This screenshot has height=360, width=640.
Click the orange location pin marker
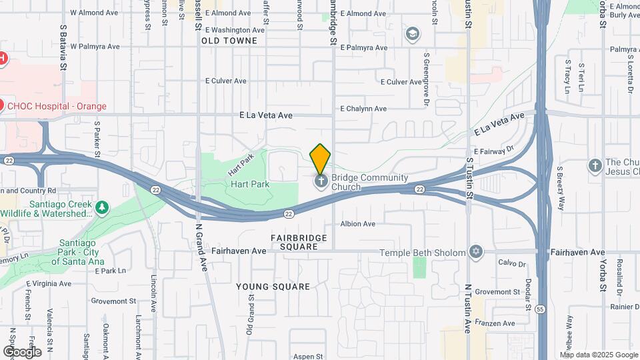(x=320, y=158)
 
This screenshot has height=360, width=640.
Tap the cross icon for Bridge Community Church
(x=321, y=181)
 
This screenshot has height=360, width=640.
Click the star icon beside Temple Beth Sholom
(x=475, y=252)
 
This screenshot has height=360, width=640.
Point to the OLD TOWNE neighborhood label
(x=229, y=41)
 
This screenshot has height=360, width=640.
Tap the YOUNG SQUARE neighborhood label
(x=273, y=287)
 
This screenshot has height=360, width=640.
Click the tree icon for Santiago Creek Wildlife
(x=101, y=208)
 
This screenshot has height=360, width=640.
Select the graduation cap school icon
(x=413, y=33)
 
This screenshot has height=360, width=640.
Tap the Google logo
(x=22, y=351)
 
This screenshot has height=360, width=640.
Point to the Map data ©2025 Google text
(x=599, y=355)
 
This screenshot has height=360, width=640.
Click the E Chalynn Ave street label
(x=363, y=109)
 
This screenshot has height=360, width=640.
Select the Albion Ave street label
(x=358, y=224)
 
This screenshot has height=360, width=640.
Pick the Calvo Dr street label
(x=513, y=263)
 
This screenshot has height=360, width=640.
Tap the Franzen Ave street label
(x=499, y=323)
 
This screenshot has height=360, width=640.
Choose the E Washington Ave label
(x=235, y=30)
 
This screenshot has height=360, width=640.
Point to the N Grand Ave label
(x=199, y=245)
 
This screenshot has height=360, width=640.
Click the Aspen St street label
(x=307, y=357)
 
